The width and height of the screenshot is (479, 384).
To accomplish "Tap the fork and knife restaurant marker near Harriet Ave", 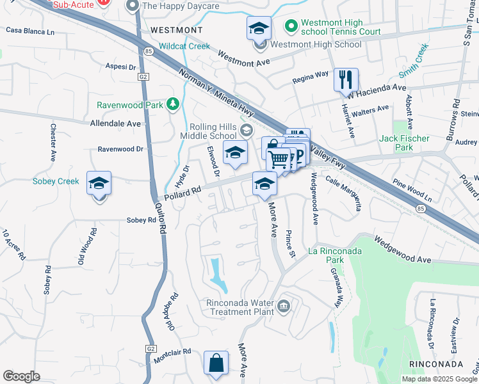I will [x=345, y=80].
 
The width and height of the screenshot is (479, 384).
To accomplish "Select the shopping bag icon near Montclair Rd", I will [x=216, y=362].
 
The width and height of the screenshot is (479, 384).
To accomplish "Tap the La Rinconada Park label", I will [x=336, y=255].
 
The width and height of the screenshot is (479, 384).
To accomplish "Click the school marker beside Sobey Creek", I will [x=99, y=183].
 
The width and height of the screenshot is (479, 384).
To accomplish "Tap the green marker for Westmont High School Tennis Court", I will [x=291, y=26].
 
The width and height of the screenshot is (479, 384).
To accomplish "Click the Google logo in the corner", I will [x=22, y=376].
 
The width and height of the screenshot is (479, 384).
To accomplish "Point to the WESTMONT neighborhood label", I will [x=176, y=30].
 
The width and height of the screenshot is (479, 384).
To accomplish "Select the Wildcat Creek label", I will [x=184, y=46].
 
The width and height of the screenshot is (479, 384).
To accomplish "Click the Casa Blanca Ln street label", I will [x=30, y=31].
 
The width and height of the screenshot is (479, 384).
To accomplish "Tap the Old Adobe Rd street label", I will [x=172, y=311].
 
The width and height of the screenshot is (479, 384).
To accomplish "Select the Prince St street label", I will [x=290, y=244].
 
